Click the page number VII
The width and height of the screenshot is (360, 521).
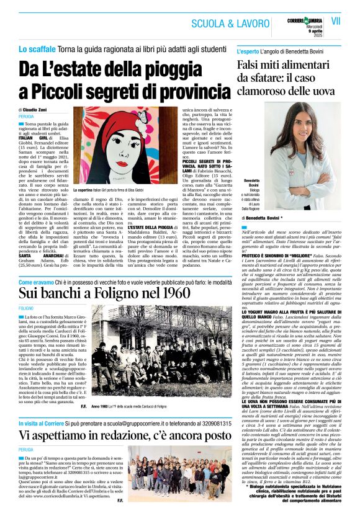coord(336,20)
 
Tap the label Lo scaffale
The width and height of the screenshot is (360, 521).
coord(37,48)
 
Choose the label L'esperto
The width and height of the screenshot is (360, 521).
coord(252,48)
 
